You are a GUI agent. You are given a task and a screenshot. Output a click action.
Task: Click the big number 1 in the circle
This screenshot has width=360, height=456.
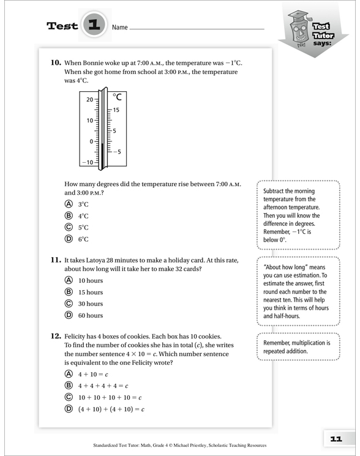click(x=94, y=24)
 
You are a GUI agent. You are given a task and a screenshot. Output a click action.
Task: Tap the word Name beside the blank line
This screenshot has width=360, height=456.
click(x=120, y=28)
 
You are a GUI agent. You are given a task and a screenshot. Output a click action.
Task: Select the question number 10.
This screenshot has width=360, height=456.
click(x=56, y=62)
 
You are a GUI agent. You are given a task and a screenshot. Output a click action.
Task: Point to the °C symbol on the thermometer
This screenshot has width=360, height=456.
click(x=118, y=97)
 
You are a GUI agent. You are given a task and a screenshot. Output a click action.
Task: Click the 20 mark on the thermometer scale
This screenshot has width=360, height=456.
click(x=90, y=99)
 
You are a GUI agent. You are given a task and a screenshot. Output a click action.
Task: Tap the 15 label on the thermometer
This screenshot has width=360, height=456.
click(x=116, y=110)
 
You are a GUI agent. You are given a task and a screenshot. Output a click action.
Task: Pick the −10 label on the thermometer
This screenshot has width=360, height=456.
click(x=88, y=162)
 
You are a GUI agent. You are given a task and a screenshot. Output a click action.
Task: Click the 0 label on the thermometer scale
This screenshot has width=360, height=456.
click(x=91, y=141)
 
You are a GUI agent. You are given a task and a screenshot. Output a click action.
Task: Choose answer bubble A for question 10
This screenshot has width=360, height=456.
click(x=69, y=204)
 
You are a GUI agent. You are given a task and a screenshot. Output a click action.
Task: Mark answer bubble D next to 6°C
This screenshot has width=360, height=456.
click(x=69, y=239)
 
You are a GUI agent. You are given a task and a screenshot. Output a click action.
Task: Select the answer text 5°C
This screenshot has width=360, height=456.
click(x=83, y=228)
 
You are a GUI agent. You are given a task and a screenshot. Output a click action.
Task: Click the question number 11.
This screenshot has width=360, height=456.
click(x=56, y=260)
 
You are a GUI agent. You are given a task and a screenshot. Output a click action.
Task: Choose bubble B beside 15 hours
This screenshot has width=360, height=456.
click(x=69, y=292)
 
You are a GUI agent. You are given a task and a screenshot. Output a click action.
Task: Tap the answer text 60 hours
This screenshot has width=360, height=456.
click(x=91, y=315)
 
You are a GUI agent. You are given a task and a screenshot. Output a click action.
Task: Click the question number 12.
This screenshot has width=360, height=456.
click(x=56, y=336)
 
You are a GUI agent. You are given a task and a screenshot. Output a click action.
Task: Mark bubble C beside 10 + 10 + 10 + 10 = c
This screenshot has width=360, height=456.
click(x=69, y=397)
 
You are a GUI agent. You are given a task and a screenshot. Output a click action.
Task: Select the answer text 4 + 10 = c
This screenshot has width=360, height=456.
click(x=93, y=374)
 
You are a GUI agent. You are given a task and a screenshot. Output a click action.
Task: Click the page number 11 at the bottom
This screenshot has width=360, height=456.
click(x=336, y=439)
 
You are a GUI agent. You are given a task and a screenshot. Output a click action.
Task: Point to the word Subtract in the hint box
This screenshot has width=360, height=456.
click(x=274, y=191)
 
